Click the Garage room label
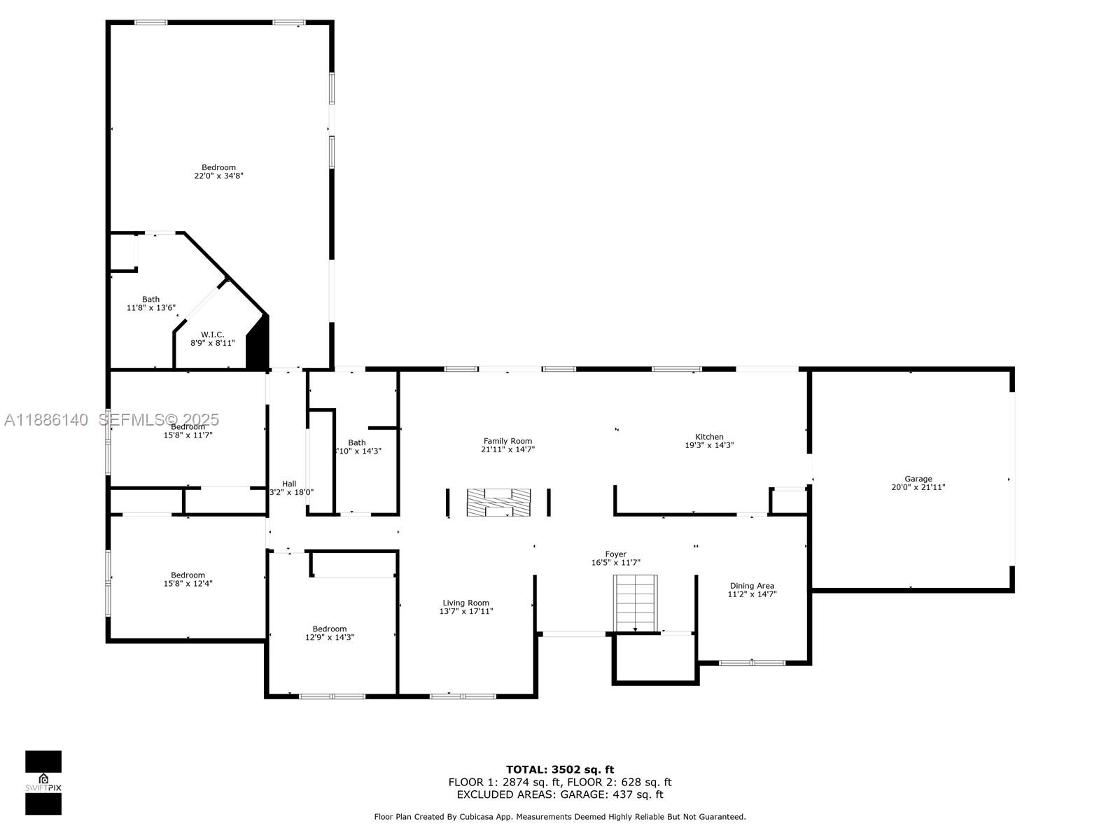point(918,479)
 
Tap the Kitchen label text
point(709,437)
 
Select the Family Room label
point(507,441)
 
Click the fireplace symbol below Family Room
point(498,503)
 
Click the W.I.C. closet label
point(212,335)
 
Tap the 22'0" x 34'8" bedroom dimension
point(218,176)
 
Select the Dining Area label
point(752,586)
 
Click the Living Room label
point(465,603)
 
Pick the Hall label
point(289,484)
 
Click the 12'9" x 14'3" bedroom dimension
point(329,638)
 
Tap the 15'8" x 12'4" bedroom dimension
point(188,584)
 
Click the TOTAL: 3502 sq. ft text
point(560,770)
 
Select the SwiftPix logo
point(43,783)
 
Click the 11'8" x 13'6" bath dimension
point(150,308)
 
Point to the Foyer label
point(615,554)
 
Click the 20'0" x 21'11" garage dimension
point(918,487)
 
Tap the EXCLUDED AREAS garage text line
point(560,794)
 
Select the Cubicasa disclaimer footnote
point(560,817)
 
